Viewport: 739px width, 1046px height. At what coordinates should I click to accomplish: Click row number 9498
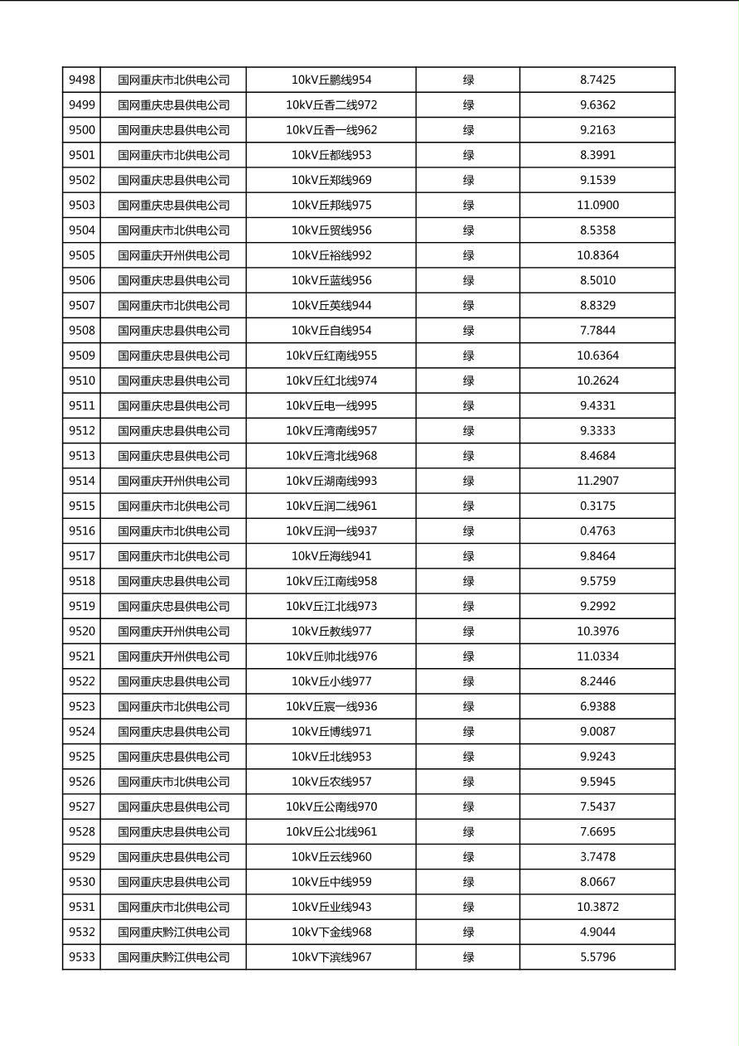pos(82,80)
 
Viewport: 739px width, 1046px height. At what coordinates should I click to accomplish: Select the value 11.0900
pos(597,206)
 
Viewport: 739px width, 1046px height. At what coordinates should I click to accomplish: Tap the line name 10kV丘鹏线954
pos(331,80)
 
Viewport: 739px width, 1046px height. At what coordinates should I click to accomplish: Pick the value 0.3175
pos(597,506)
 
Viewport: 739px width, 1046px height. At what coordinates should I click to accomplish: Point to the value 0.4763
pos(597,531)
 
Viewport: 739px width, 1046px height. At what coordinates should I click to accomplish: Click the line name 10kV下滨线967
pos(331,957)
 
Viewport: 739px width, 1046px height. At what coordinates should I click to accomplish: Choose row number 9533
pos(82,957)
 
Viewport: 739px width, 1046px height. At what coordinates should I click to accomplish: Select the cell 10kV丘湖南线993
pos(331,481)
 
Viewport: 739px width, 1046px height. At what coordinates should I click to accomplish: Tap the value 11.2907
pos(597,481)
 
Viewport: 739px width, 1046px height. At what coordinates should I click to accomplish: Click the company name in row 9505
pos(173,255)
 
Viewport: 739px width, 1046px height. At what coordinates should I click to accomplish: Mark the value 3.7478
pos(597,857)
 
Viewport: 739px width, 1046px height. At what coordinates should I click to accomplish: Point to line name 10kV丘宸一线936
pos(331,707)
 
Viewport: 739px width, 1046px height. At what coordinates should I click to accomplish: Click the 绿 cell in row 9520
pos(468,632)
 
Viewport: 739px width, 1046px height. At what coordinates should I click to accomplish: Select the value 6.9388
pos(597,707)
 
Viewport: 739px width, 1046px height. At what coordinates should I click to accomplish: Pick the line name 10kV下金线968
pos(331,932)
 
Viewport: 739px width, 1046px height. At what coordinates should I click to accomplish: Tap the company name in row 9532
pos(173,932)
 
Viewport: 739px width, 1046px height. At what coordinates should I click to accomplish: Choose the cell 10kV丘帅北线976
pos(331,656)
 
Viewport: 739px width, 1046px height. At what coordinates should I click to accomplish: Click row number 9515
pos(82,506)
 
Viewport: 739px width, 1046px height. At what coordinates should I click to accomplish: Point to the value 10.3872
pos(597,908)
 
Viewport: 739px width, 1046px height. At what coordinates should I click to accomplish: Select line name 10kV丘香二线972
pos(331,105)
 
